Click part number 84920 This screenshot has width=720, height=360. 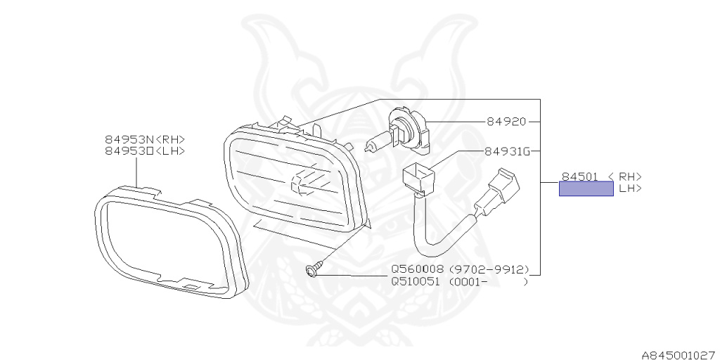coord(506,122)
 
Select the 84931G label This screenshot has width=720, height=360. coord(506,151)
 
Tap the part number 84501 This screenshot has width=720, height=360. coord(579,176)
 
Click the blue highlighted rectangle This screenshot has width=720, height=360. coord(586,188)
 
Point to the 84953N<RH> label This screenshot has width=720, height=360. coord(145,140)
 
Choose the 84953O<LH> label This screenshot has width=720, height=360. coord(145,150)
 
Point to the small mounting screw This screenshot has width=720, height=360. coord(315,269)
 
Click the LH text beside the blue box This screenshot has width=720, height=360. coord(629,188)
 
